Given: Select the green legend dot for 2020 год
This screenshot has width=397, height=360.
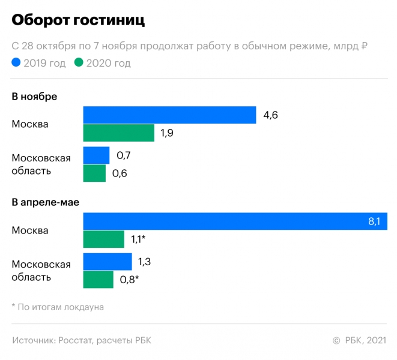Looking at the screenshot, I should coord(79,62).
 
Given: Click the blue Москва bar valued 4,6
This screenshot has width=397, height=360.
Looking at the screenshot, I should coord(169,115).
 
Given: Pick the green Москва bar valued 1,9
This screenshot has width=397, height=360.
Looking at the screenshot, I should coord(118,133).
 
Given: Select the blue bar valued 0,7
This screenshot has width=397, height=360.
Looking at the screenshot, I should coord(96,155).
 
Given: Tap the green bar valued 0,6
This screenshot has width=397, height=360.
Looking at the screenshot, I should coord(94,173).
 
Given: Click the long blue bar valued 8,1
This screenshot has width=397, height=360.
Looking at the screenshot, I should coord(234,221).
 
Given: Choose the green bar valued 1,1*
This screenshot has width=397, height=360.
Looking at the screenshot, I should coord(103,239).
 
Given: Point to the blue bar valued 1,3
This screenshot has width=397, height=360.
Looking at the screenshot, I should coord(107,262).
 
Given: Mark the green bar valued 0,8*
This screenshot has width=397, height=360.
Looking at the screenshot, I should coord(98,280).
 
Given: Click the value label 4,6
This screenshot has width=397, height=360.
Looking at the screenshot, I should coord(270,115).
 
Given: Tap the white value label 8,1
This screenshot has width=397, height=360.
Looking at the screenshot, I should coord(374,222).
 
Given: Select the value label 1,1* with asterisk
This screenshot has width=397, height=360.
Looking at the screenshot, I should coord(139,240).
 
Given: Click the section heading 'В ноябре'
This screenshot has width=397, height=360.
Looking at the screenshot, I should coord(34,96).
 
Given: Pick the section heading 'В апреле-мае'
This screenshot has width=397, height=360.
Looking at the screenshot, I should coord(46,203).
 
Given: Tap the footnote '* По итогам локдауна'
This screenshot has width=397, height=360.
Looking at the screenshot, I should coord(58,307).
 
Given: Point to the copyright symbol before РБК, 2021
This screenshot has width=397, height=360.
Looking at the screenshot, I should coord(336,341).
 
